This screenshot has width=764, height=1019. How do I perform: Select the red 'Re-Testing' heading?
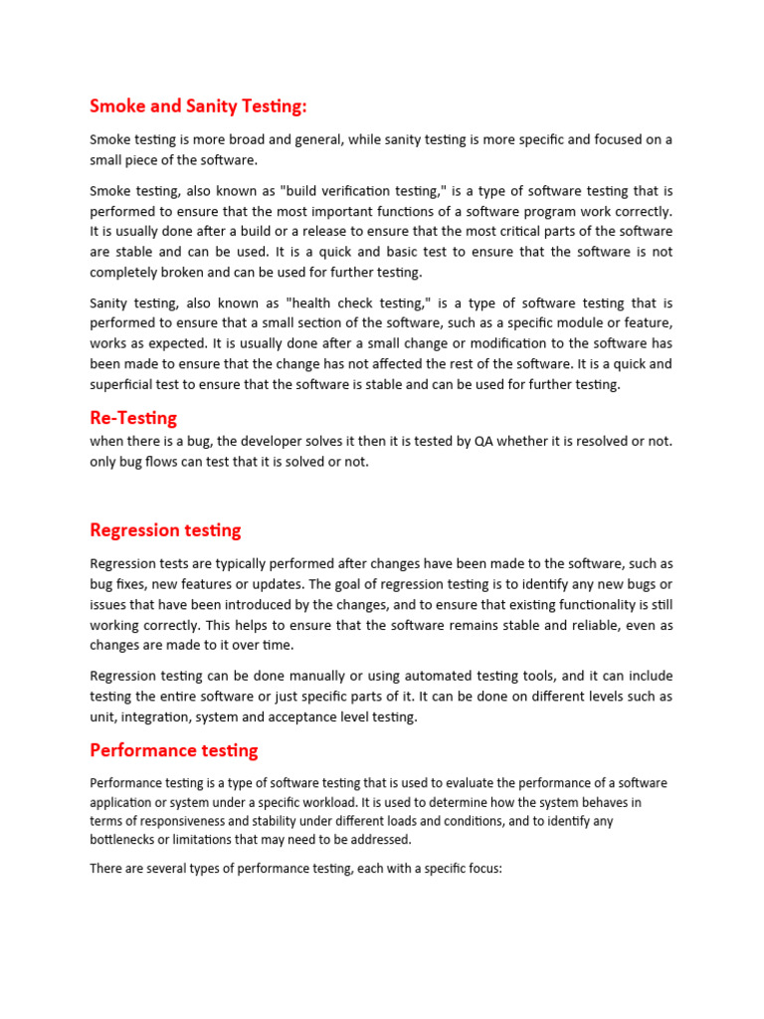click(133, 418)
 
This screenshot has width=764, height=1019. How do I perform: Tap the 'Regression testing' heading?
click(165, 529)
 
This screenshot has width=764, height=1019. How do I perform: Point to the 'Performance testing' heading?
click(173, 749)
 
